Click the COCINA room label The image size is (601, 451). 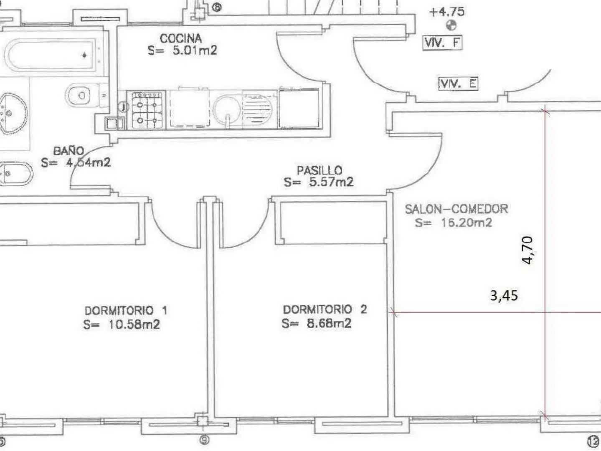[x=181, y=38]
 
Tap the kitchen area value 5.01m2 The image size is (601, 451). [x=195, y=51]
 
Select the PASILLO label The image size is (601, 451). [x=320, y=170]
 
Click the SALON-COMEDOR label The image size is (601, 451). [x=456, y=209]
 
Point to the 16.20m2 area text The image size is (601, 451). [x=467, y=223]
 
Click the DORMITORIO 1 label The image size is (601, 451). [x=126, y=311]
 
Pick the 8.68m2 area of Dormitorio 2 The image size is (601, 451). [x=329, y=324]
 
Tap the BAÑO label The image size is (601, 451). [x=69, y=151]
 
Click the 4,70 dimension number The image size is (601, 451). [x=527, y=250]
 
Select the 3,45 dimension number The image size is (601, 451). [x=504, y=296]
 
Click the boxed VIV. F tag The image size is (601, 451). [x=442, y=43]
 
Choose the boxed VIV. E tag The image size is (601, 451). [x=458, y=84]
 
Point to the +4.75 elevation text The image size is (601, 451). [x=447, y=12]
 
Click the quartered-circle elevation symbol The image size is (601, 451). [x=451, y=25]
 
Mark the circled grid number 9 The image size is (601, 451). [x=204, y=440]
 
